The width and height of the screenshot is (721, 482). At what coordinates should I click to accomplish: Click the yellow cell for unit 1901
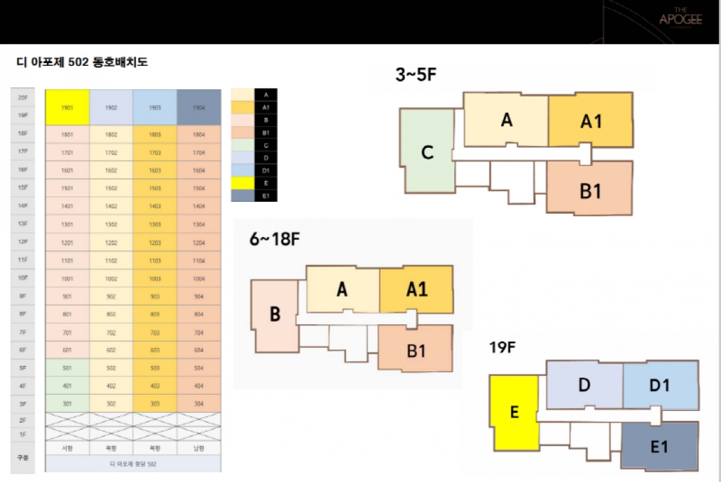pyautogui.click(x=67, y=107)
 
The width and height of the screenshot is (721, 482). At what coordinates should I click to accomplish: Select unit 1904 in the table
pyautogui.click(x=198, y=107)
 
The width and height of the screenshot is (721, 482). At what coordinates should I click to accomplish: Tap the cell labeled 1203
pyautogui.click(x=155, y=242)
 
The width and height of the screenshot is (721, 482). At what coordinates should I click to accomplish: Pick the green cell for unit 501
pyautogui.click(x=67, y=367)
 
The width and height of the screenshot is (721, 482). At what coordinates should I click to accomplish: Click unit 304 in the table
pyautogui.click(x=198, y=403)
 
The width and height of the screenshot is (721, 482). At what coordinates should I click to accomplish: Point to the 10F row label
pyautogui.click(x=23, y=278)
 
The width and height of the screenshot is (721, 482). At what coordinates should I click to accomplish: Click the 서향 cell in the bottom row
pyautogui.click(x=67, y=448)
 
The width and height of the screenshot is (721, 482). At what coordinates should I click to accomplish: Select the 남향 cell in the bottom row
pyautogui.click(x=198, y=448)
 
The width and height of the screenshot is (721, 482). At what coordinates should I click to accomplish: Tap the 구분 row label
pyautogui.click(x=23, y=457)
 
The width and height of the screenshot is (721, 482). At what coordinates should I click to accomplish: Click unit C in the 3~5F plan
pyautogui.click(x=427, y=153)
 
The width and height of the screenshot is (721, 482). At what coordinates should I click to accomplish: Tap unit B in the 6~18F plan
pyautogui.click(x=275, y=315)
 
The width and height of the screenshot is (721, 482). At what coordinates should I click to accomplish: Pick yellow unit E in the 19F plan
pyautogui.click(x=514, y=413)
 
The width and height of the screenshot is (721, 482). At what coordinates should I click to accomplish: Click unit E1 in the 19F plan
pyautogui.click(x=659, y=446)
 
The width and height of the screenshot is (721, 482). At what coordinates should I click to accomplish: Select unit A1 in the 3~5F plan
pyautogui.click(x=590, y=120)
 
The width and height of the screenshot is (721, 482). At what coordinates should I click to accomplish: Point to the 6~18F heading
pyautogui.click(x=274, y=239)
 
